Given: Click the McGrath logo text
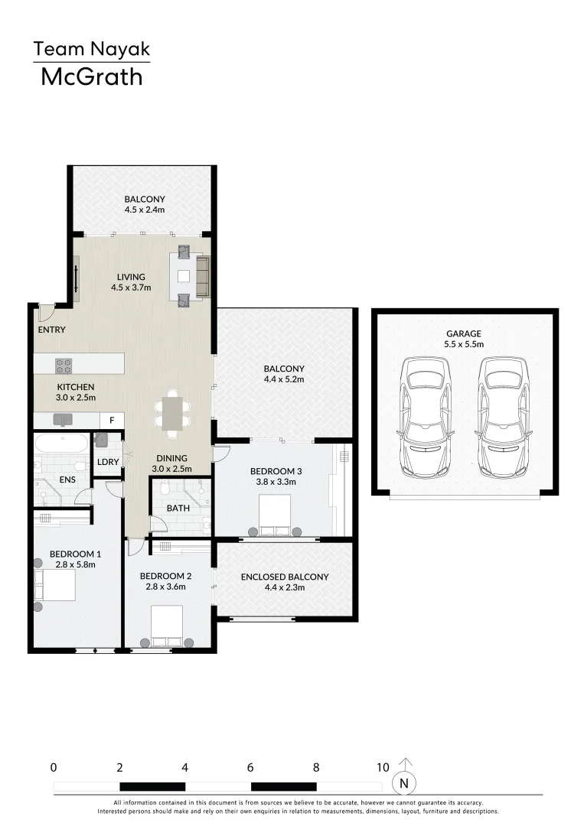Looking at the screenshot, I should click(91, 76).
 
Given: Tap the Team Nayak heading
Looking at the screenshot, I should click(91, 50).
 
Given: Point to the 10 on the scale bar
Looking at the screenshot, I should click(383, 767).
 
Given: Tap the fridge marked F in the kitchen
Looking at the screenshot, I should click(113, 420).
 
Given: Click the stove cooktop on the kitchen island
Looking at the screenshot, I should click(63, 364).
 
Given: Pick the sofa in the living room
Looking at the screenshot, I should click(203, 276).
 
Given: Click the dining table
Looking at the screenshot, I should click(173, 413).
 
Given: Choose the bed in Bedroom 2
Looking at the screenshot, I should click(167, 626).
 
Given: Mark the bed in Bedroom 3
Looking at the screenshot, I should click(275, 514).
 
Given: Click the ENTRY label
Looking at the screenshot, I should click(51, 330).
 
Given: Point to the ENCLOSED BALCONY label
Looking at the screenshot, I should click(284, 577).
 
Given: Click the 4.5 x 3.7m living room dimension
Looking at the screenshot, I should click(131, 288).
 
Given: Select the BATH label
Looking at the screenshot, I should click(178, 507).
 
